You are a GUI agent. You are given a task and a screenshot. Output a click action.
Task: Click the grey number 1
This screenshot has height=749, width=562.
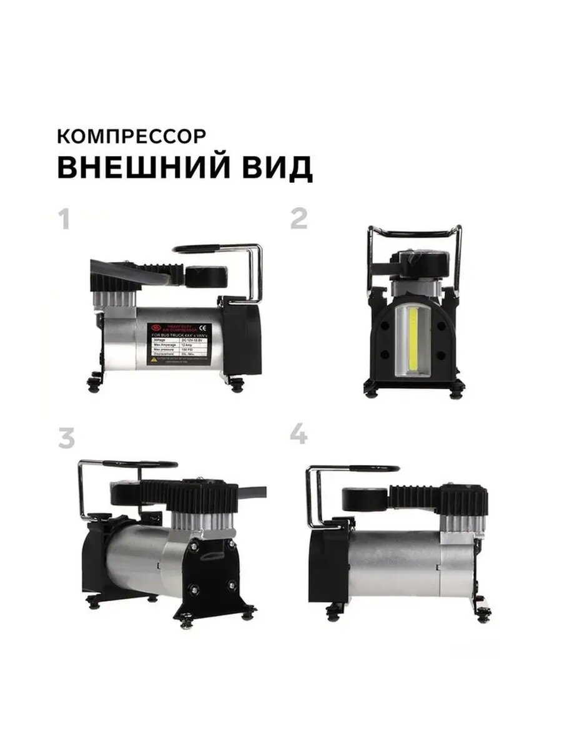[64, 219]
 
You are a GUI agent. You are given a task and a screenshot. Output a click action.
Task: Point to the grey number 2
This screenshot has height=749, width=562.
[299, 218]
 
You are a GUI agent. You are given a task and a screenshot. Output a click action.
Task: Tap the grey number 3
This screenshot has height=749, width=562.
[66, 439]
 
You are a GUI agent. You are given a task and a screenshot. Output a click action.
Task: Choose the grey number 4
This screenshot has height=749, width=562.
[299, 433]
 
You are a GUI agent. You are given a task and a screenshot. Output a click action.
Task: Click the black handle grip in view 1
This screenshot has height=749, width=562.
[198, 248]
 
